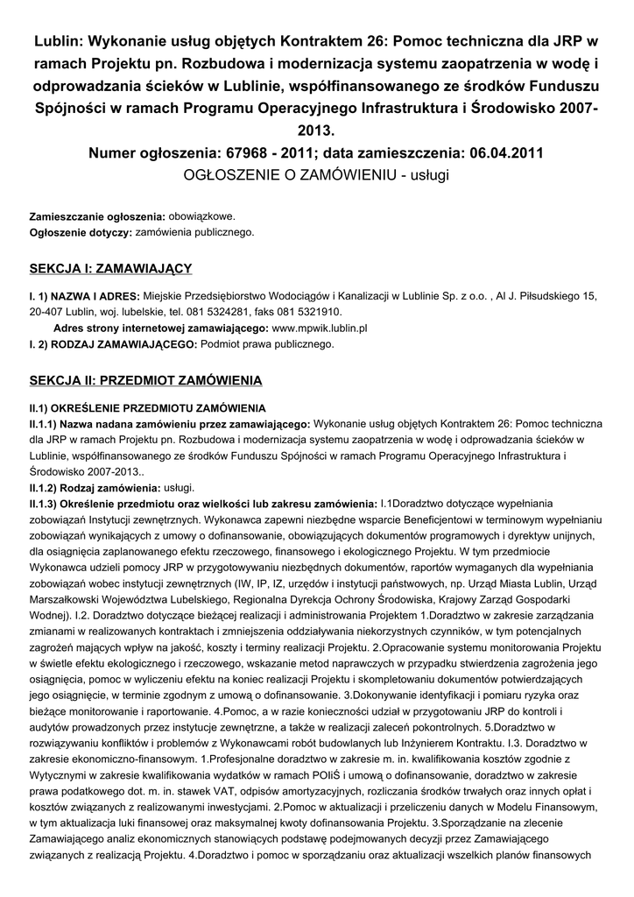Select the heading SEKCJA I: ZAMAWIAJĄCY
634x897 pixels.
(110, 268)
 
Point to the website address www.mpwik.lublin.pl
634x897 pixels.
(320, 328)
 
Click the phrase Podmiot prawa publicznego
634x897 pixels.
(267, 345)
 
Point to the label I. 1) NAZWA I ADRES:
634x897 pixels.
(83, 296)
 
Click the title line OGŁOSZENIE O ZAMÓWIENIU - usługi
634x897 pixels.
(316, 175)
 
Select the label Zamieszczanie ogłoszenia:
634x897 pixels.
(97, 216)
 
